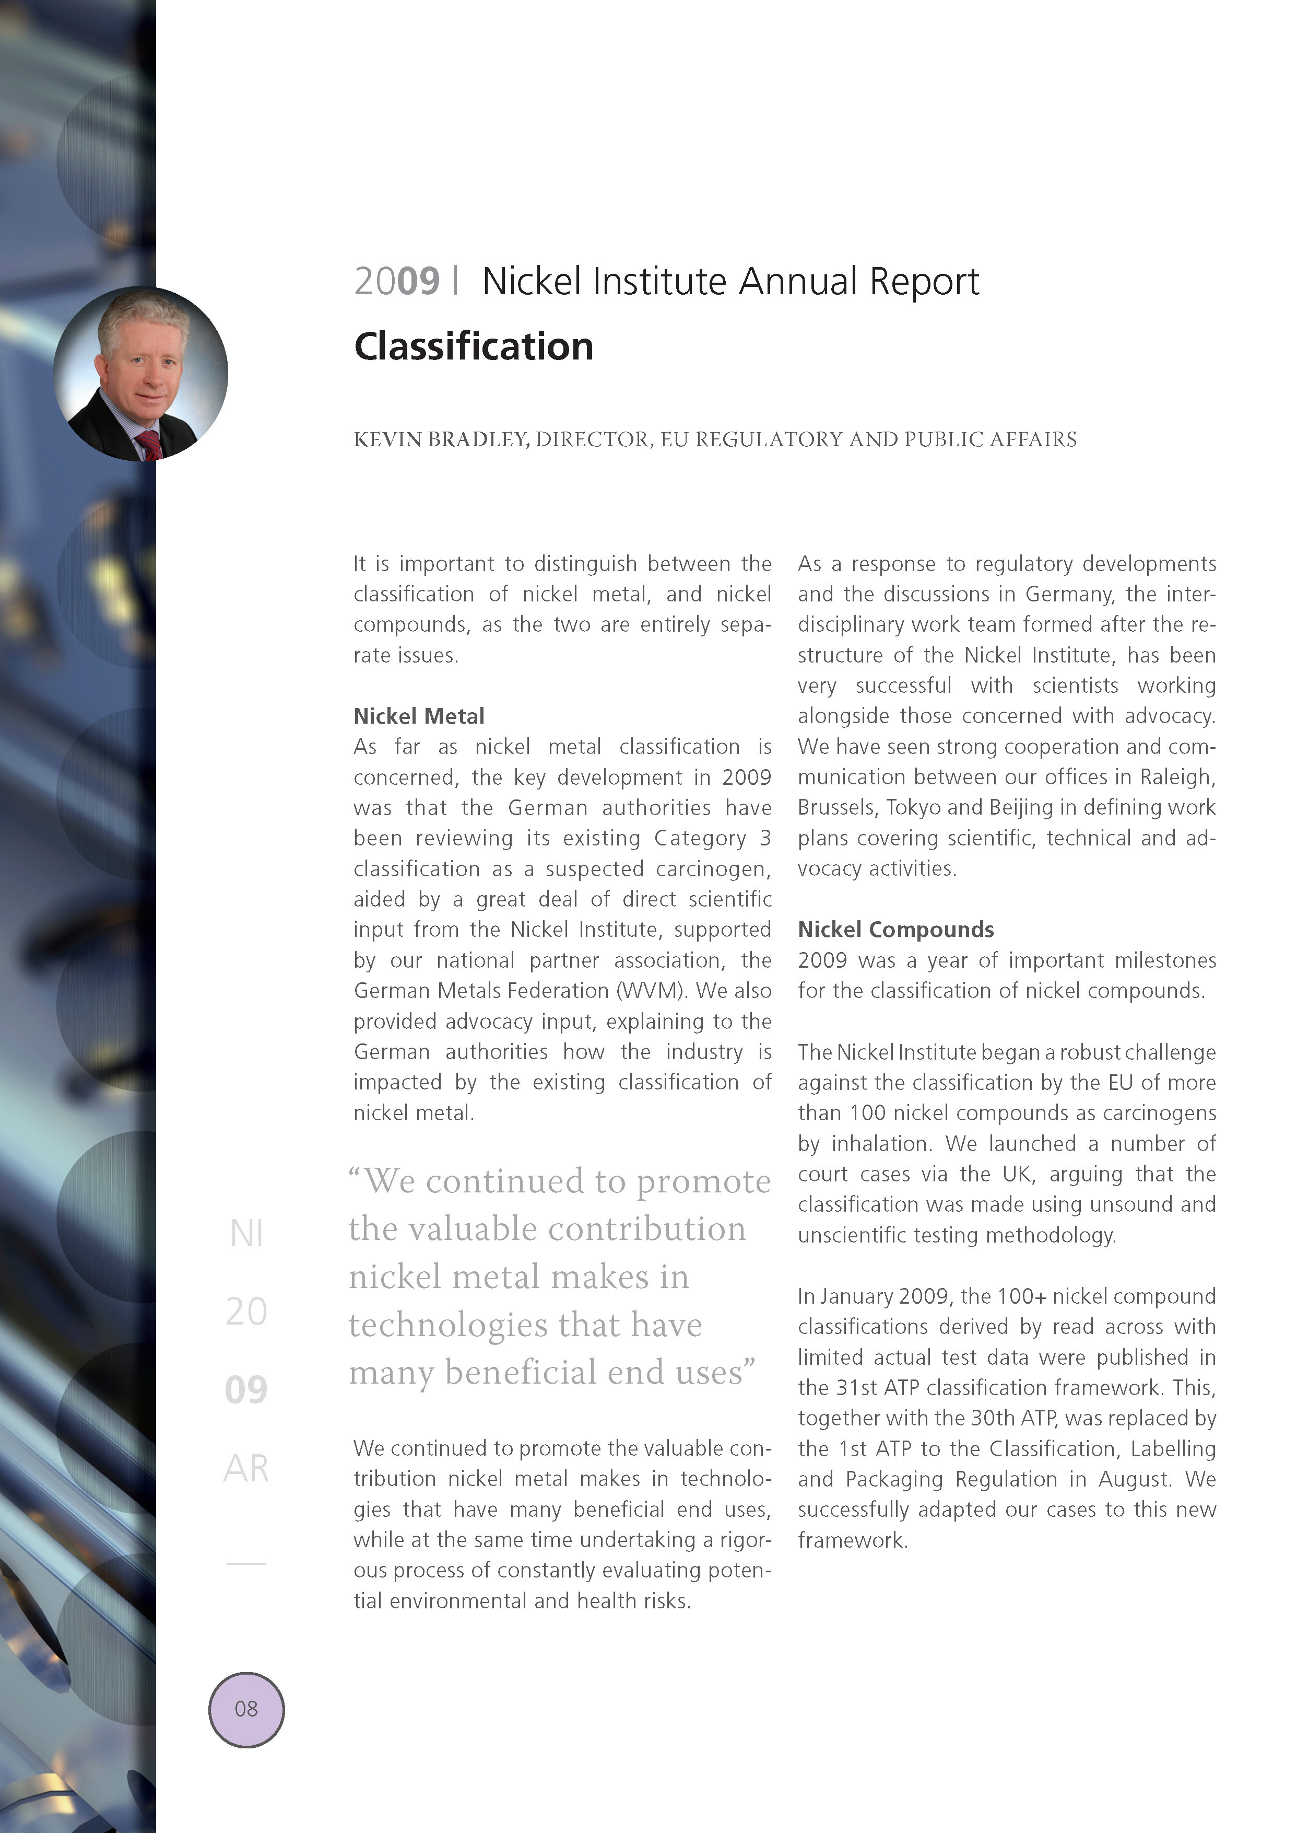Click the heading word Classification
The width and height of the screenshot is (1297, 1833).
[474, 347]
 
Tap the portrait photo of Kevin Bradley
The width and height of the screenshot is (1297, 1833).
[140, 374]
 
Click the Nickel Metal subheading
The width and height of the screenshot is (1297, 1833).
[418, 716]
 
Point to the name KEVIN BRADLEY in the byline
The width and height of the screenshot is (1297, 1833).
[440, 439]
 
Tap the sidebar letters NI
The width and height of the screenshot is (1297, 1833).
[246, 1234]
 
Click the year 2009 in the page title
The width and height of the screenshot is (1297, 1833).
[396, 281]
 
